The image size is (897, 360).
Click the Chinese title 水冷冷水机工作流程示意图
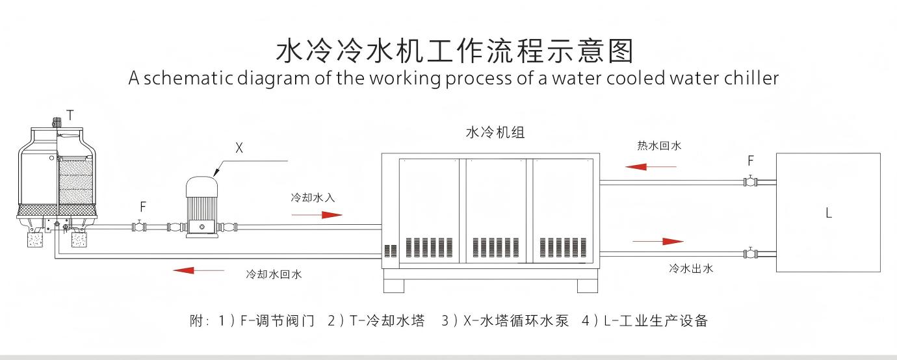coord(454,50)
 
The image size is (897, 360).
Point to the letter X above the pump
coord(239,148)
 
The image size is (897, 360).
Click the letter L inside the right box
coord(829,212)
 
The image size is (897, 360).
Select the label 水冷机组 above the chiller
coord(495,133)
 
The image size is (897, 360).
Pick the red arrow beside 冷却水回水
coord(194,270)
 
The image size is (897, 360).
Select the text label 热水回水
coord(659,146)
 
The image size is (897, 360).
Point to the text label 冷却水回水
coord(274,274)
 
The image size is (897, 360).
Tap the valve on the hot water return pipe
coord(751,181)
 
